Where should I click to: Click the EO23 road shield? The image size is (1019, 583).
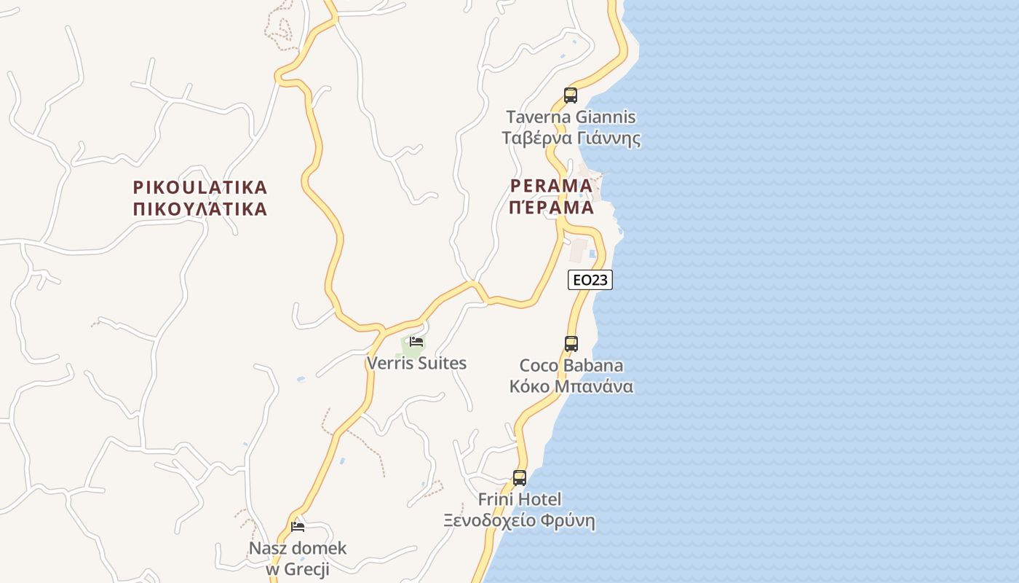(x=590, y=280)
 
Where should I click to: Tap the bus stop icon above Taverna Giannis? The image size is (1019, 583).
(x=571, y=95)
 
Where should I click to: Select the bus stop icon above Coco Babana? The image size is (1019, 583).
(x=571, y=343)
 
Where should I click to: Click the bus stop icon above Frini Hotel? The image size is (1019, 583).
(x=520, y=478)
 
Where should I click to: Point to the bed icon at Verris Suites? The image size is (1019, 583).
(x=416, y=340)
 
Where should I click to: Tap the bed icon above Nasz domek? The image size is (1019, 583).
(x=297, y=526)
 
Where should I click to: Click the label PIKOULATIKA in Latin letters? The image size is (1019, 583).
(x=200, y=187)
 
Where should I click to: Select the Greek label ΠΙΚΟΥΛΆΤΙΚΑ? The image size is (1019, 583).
(x=200, y=210)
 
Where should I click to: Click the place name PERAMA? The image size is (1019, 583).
(x=552, y=186)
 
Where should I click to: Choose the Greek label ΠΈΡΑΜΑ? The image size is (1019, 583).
(x=552, y=208)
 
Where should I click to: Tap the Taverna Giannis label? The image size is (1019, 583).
(x=571, y=117)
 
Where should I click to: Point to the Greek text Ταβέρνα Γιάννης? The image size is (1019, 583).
(x=571, y=138)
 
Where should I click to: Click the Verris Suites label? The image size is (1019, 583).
(x=416, y=363)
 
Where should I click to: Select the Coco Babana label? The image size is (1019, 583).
(x=571, y=365)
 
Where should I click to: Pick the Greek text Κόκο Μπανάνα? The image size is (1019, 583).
(x=571, y=386)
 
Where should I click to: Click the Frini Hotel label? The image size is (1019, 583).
(x=520, y=499)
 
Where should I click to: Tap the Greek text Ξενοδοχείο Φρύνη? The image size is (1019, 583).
(x=520, y=520)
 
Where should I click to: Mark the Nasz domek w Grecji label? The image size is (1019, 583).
(x=298, y=558)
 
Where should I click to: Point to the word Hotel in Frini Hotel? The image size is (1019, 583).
(x=540, y=499)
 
